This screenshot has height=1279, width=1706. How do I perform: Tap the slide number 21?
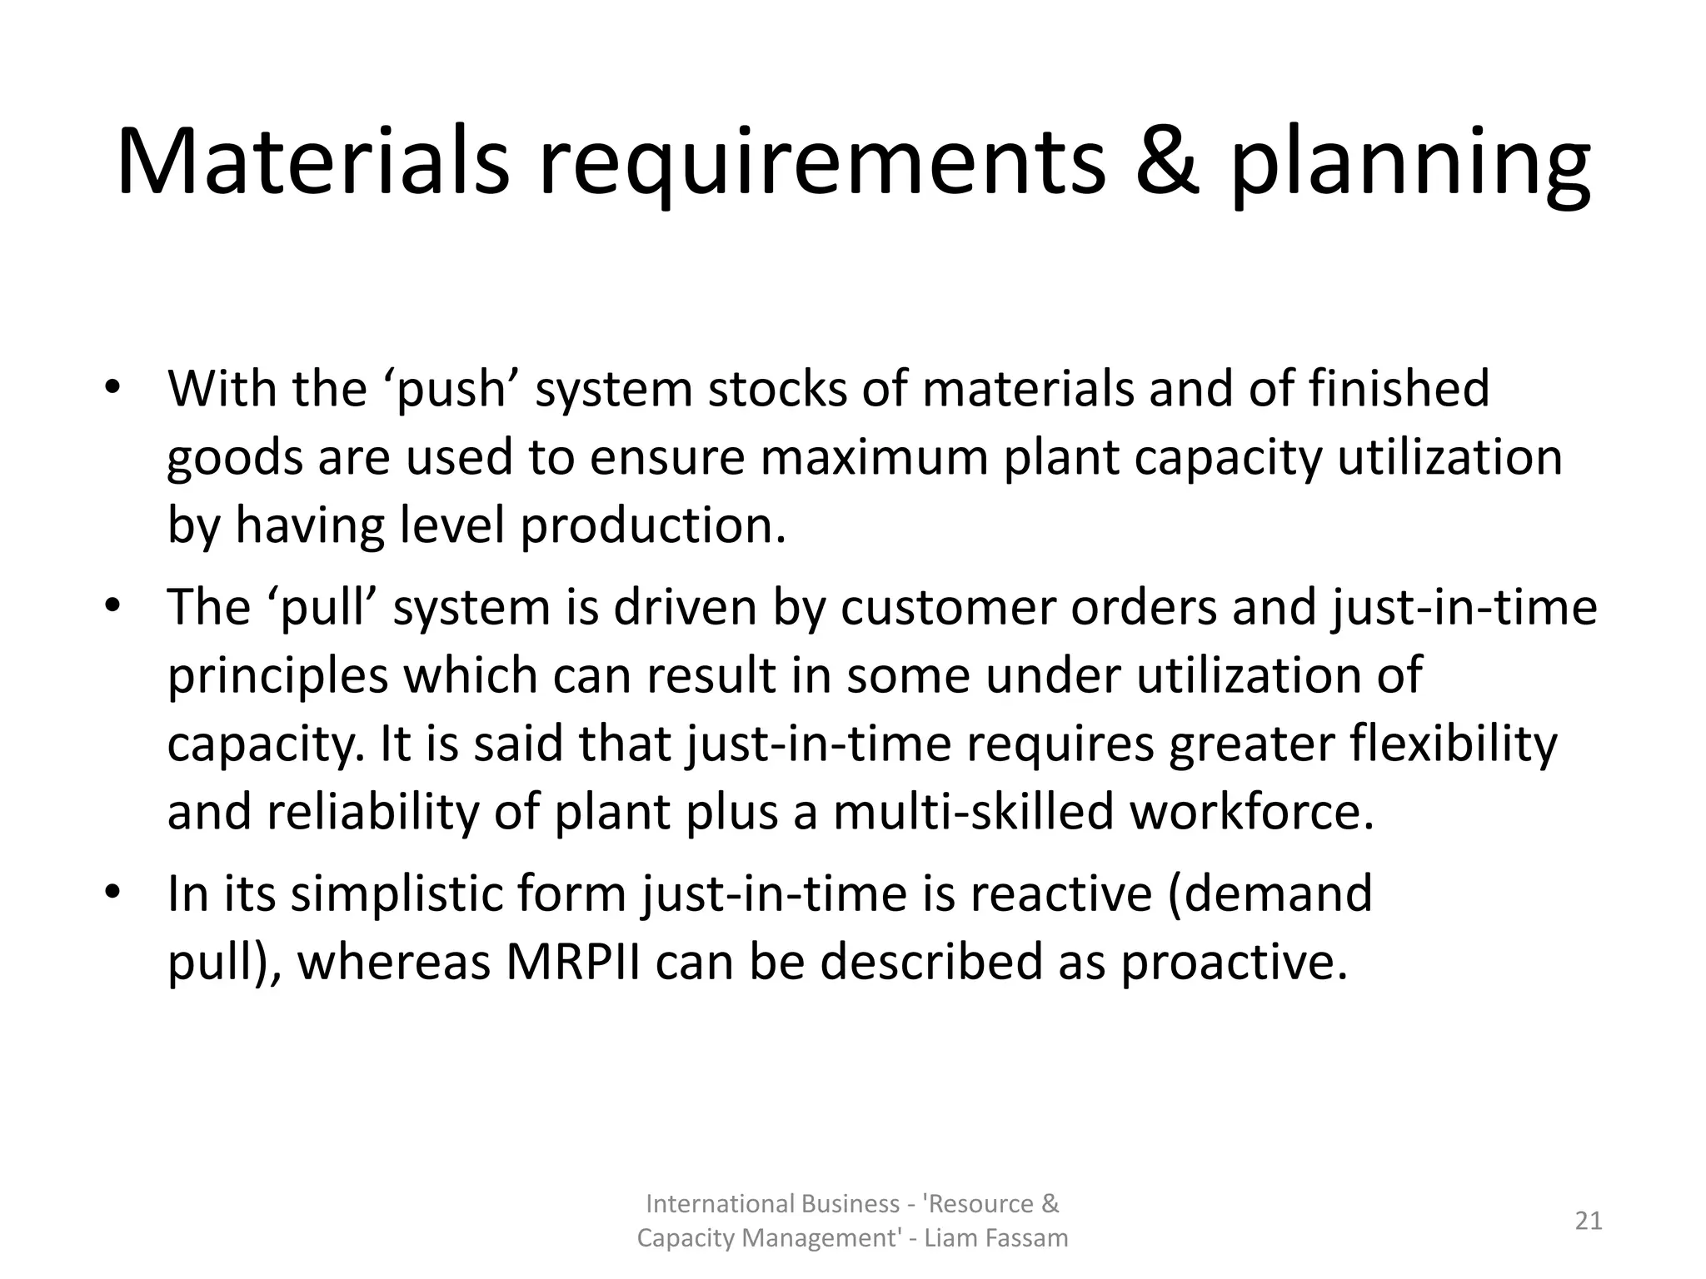pos(1588,1221)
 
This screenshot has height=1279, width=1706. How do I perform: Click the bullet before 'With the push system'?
pos(113,389)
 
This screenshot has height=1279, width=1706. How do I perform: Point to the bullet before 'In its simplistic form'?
pos(113,893)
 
